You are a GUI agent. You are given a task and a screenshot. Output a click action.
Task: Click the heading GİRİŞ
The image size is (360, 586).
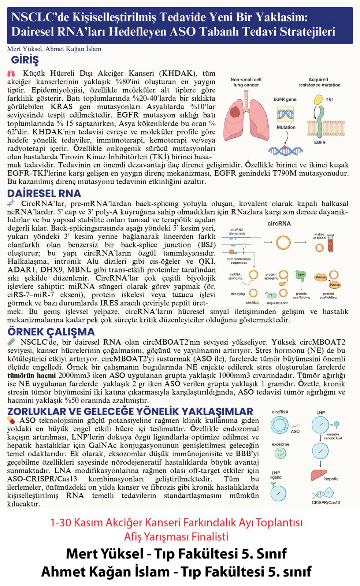[25, 60]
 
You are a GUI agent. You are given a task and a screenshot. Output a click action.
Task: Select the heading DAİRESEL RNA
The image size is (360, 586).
[44, 193]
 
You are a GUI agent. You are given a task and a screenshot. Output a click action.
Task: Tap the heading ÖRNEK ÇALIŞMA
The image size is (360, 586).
[51, 332]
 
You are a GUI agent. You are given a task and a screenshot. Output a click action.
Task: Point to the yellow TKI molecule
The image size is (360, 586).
[319, 99]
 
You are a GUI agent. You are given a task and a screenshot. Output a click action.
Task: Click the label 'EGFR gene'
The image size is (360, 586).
[285, 99]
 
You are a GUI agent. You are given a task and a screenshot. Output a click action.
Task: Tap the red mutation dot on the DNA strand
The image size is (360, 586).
[285, 147]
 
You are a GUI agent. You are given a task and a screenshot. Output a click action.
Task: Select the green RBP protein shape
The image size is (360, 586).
[301, 275]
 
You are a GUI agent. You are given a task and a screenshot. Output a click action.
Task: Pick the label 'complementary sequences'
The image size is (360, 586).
[239, 260]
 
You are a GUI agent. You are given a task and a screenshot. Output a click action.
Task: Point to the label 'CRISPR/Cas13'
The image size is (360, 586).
[326, 502]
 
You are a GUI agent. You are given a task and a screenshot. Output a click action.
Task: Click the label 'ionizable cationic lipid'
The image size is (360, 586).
[333, 436]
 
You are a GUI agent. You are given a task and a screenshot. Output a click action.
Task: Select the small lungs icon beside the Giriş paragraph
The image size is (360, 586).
[11, 73]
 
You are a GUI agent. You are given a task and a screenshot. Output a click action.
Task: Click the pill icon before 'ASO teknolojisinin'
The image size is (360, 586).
[11, 420]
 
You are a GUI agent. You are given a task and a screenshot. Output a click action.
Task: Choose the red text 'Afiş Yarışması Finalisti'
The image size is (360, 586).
[176, 537]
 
